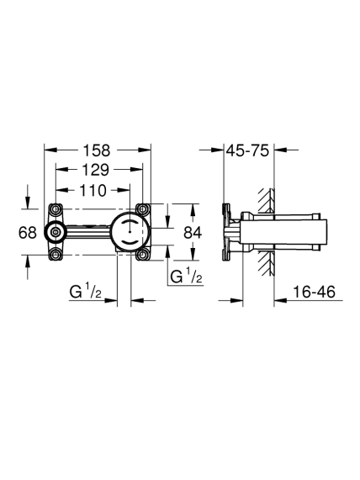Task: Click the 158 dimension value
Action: click(x=97, y=150)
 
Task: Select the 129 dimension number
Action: click(x=95, y=170)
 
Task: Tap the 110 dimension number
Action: click(x=93, y=191)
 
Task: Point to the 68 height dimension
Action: click(x=28, y=233)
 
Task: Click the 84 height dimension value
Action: click(x=193, y=233)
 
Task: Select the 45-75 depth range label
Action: click(x=247, y=150)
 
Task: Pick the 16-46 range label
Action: click(x=314, y=292)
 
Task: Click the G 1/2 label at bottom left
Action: click(x=86, y=292)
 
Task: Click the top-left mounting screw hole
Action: click(x=56, y=209)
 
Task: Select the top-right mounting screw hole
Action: click(x=142, y=209)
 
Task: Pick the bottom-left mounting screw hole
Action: click(x=56, y=255)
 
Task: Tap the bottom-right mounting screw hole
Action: click(x=142, y=255)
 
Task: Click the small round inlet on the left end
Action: click(x=56, y=232)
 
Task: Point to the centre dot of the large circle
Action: click(x=130, y=232)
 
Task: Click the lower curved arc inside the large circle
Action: click(x=130, y=242)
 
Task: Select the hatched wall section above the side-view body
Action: click(x=266, y=201)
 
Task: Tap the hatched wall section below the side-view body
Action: click(x=266, y=262)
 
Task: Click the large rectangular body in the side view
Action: click(x=283, y=232)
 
